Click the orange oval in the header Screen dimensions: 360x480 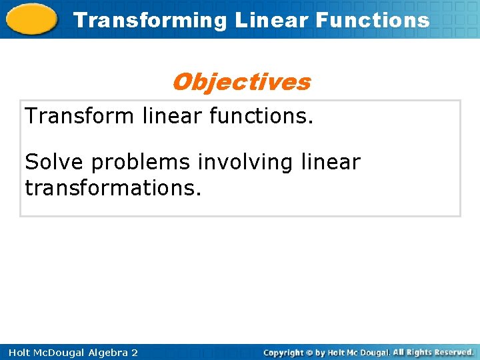point(32,20)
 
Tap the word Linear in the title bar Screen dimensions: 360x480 point(272,20)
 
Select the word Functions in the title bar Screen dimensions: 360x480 point(373,20)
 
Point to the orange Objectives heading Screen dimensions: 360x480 point(241,82)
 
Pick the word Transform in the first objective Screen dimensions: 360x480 point(80,116)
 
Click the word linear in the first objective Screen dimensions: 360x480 point(171,116)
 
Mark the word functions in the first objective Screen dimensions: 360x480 point(260,116)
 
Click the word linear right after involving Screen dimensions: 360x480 point(331,162)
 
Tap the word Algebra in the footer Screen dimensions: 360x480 point(109,352)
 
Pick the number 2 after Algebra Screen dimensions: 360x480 point(135,352)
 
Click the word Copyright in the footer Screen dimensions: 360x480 point(283,352)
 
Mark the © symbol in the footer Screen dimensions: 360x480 point(309,352)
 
